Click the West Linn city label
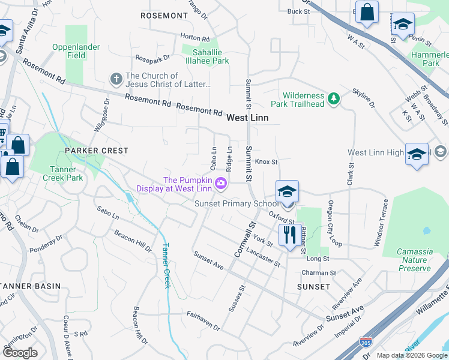pos(247,118)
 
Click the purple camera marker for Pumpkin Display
pos(221,183)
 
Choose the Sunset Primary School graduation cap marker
pos(288,193)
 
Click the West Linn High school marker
pos(417,155)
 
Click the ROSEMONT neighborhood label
pos(164,15)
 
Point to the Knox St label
pos(267,162)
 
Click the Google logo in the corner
pos(20,353)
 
